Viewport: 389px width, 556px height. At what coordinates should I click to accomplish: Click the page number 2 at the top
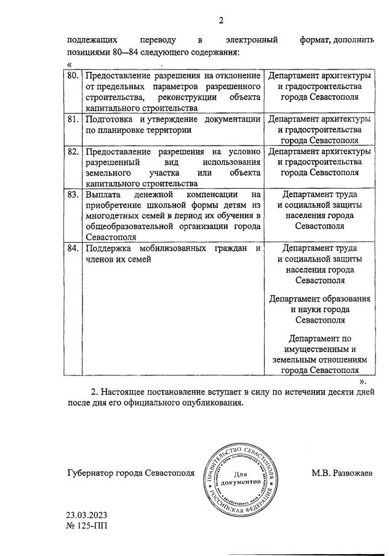pos(221,21)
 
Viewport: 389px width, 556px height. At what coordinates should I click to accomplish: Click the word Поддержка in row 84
pos(109,249)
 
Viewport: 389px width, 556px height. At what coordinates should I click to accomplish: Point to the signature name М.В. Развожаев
pos(341,472)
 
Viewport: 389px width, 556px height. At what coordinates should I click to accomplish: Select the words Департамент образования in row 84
pos(319,299)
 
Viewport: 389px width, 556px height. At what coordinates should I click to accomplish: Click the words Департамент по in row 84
pos(319,338)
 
